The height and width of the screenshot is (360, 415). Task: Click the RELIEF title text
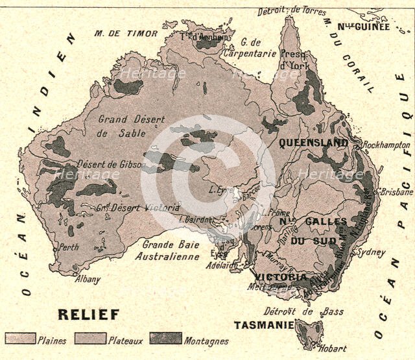click(89, 315)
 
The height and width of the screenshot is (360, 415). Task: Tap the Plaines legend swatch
click(19, 339)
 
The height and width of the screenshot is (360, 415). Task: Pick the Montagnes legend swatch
click(165, 339)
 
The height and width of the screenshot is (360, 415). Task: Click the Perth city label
click(69, 247)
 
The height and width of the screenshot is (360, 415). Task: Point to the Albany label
click(88, 280)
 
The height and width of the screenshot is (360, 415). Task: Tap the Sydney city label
click(372, 252)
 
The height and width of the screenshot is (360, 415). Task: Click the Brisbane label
click(397, 193)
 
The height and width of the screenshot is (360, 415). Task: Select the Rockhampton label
click(387, 145)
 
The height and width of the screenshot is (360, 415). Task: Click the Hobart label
click(333, 348)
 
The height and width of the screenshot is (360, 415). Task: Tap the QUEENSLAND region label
click(313, 143)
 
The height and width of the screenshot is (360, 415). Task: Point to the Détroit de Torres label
click(292, 10)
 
